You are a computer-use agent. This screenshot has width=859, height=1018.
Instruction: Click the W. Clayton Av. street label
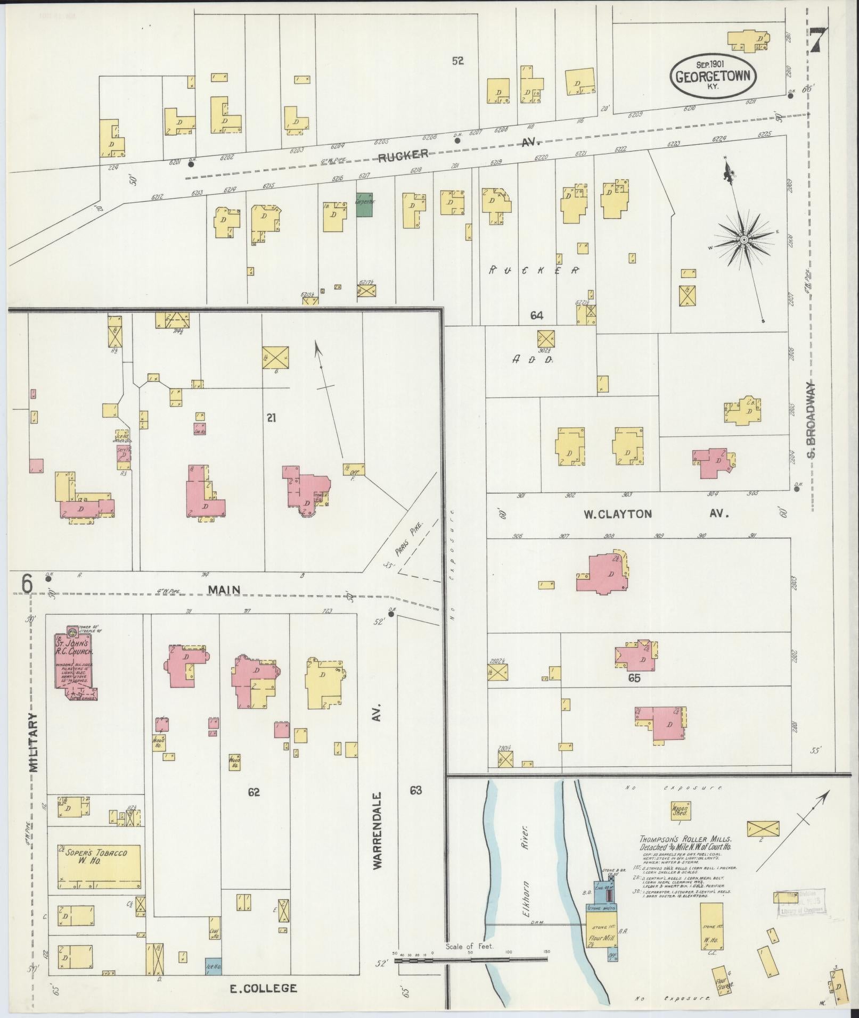click(x=655, y=514)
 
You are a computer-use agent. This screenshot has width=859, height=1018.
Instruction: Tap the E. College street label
click(x=263, y=988)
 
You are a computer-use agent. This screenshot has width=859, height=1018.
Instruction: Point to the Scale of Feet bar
click(x=471, y=959)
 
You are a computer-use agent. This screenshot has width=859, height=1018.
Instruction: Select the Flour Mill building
click(x=602, y=936)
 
